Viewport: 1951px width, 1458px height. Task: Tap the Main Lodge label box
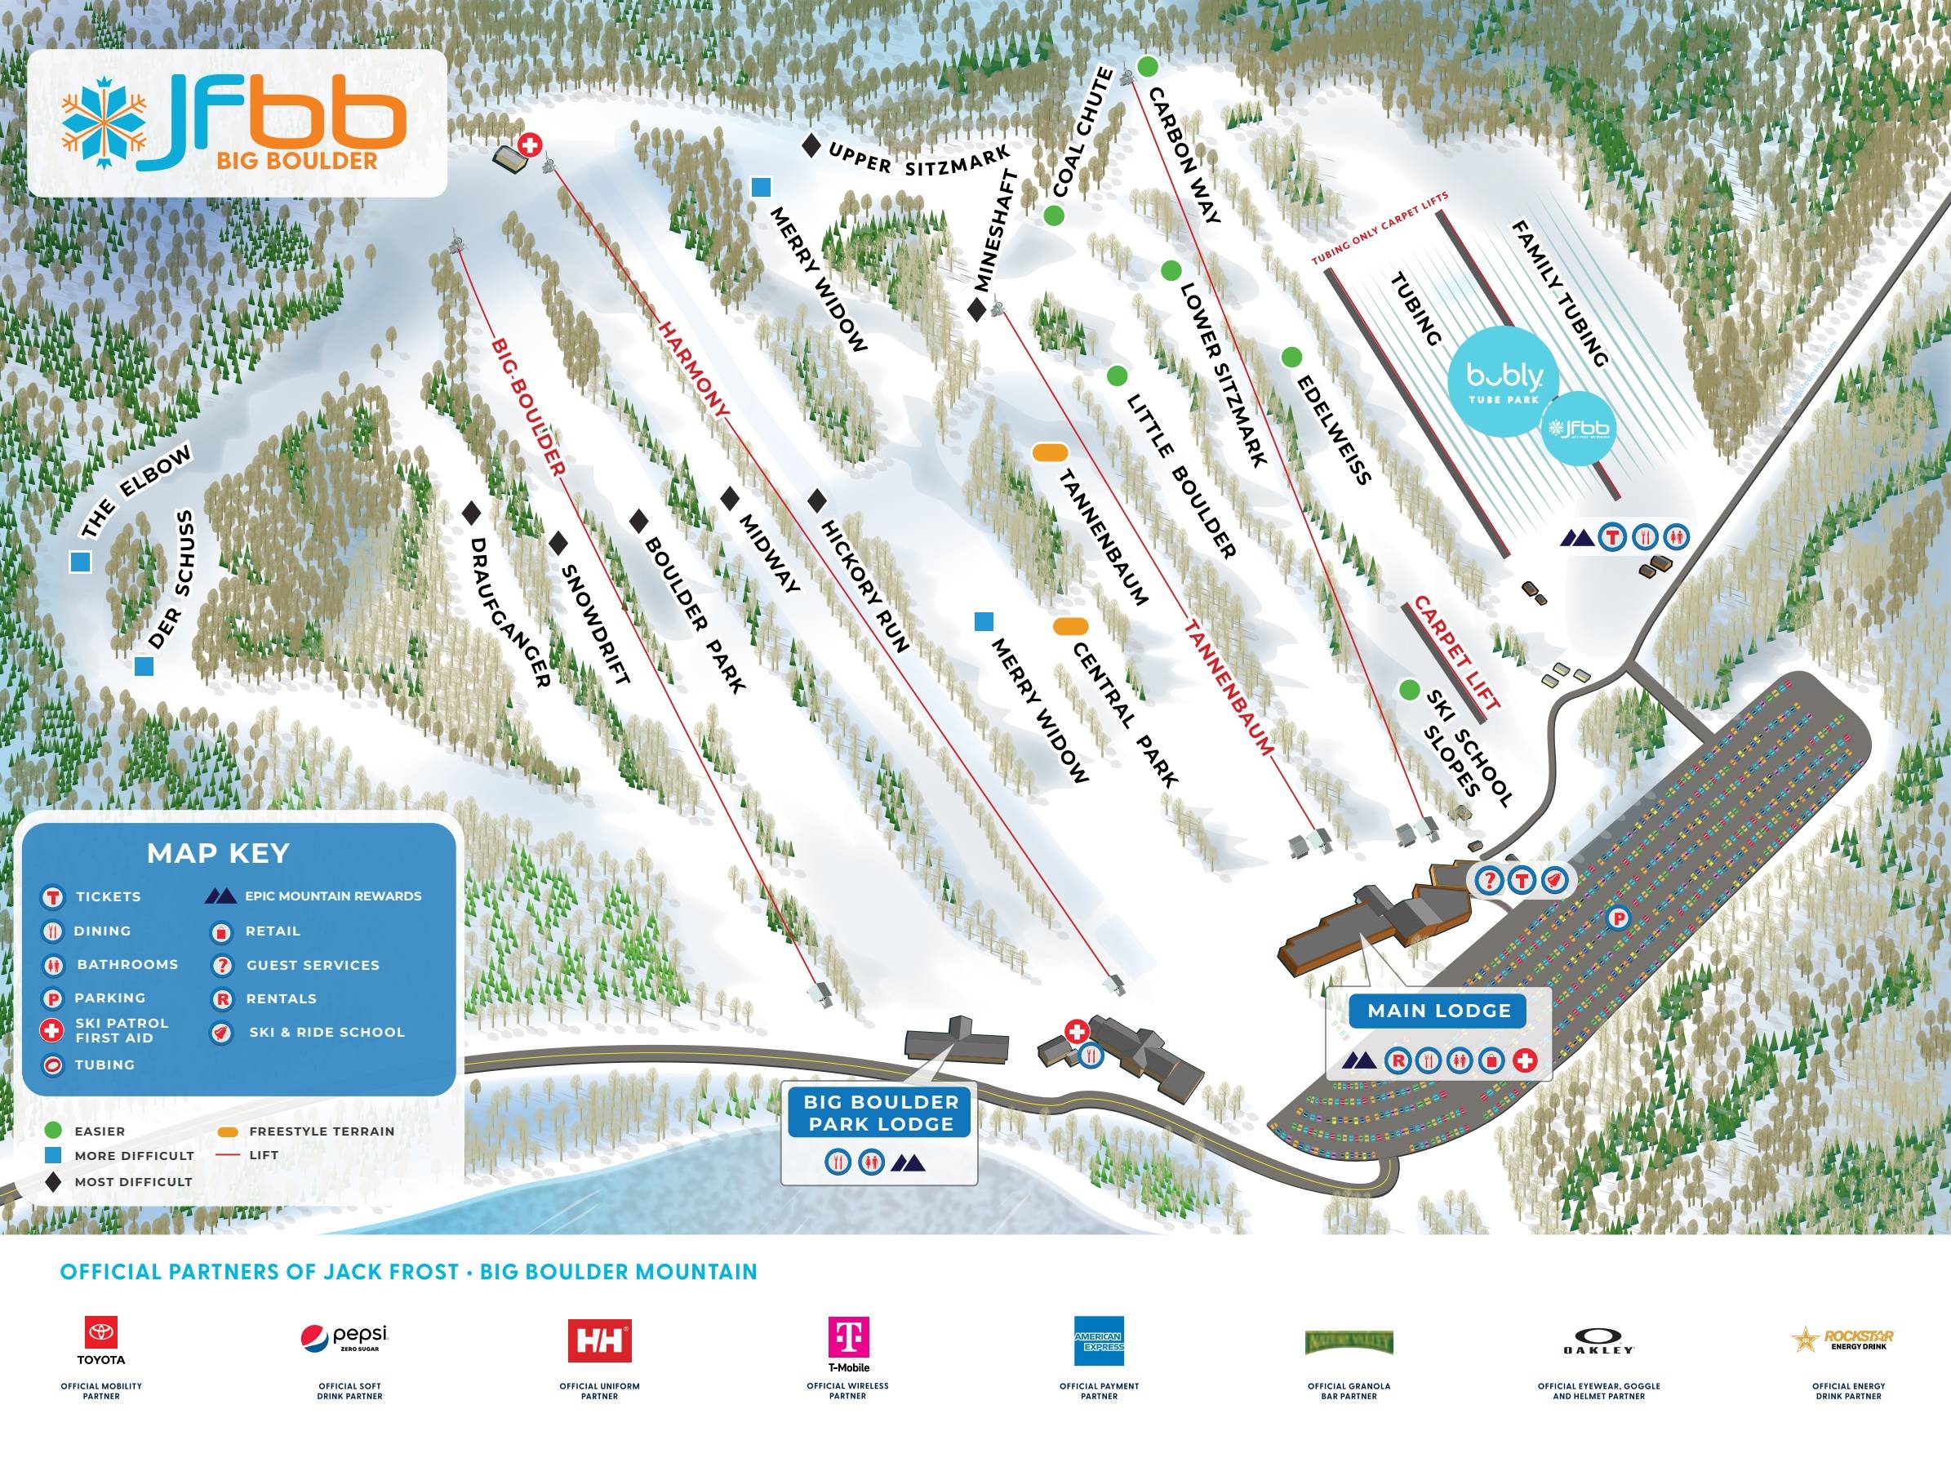1438,1010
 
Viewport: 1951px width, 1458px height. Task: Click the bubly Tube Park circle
1504,382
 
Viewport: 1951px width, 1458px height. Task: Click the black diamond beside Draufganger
471,513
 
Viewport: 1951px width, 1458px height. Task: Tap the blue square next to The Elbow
81,562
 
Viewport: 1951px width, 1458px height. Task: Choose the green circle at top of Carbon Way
1147,66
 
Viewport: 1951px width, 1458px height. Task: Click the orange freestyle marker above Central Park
1070,626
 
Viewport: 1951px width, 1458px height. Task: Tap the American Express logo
1098,1341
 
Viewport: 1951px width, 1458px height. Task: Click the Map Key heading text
218,853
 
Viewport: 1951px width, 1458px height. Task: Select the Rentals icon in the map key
221,999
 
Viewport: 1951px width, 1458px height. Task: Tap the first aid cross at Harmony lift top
529,144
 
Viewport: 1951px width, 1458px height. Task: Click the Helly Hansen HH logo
599,1341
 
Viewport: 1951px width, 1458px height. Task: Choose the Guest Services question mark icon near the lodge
1490,879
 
